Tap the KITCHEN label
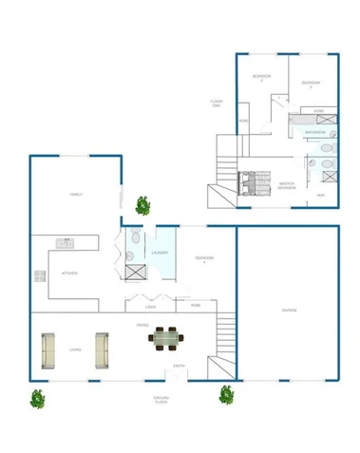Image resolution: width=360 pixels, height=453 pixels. pyautogui.click(x=68, y=273)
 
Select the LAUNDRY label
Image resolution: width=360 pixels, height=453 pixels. pyautogui.click(x=160, y=253)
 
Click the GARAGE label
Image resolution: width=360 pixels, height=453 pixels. pyautogui.click(x=290, y=311)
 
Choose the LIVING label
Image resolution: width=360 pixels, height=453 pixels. pyautogui.click(x=75, y=350)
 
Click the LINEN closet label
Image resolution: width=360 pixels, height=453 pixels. pyautogui.click(x=150, y=307)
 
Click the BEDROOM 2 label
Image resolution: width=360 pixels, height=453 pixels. pyautogui.click(x=262, y=77)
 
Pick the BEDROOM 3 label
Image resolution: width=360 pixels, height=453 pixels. pyautogui.click(x=312, y=85)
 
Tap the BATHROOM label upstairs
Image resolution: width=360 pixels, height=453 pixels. pyautogui.click(x=316, y=132)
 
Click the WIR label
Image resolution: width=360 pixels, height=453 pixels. pyautogui.click(x=321, y=195)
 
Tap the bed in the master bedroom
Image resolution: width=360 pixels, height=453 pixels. pyautogui.click(x=255, y=180)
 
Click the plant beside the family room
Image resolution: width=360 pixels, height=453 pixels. pyautogui.click(x=143, y=204)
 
